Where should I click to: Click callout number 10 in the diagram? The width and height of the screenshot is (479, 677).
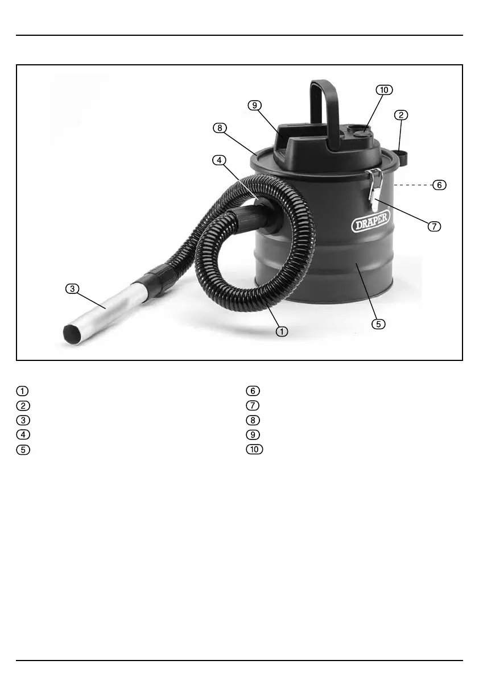tap(384, 90)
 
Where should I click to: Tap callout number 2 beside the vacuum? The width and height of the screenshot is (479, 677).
tap(401, 115)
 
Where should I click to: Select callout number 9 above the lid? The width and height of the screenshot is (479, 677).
tap(255, 105)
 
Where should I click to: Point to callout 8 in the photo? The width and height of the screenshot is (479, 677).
tap(220, 128)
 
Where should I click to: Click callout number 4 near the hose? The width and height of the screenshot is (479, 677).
tap(219, 160)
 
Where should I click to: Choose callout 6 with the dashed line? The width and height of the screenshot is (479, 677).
tap(439, 185)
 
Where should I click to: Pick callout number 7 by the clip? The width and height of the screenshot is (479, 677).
tap(434, 226)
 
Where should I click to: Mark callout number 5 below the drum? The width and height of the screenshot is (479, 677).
tap(378, 324)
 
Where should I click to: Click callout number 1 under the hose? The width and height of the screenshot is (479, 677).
tap(282, 331)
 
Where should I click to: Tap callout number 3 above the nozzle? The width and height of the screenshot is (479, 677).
tap(72, 288)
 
